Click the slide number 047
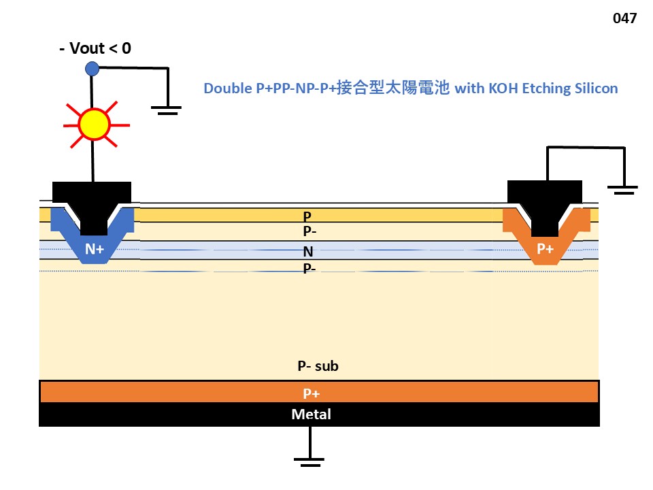[624, 18]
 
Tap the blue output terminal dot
[93, 68]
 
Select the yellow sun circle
[93, 124]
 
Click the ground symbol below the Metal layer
[310, 461]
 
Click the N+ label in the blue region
[95, 250]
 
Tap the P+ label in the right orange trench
[546, 249]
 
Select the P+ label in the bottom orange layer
[312, 393]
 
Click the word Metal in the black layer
[311, 414]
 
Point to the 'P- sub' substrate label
[318, 366]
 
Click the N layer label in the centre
[308, 252]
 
